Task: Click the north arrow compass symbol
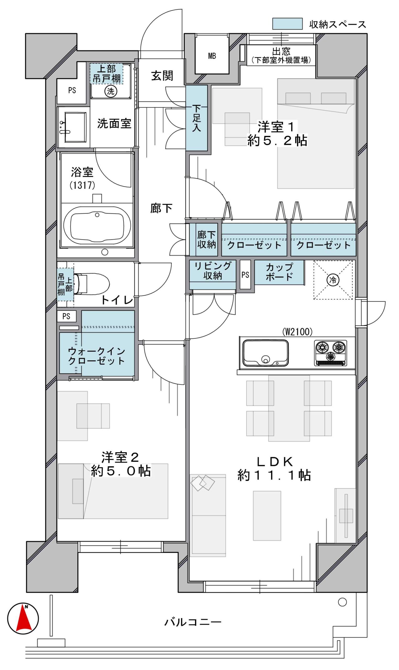click(x=23, y=618)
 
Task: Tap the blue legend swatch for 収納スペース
click(x=287, y=24)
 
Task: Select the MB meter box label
click(x=212, y=56)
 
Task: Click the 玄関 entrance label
click(x=162, y=76)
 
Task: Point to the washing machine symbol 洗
click(x=110, y=91)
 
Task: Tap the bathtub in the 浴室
click(x=97, y=224)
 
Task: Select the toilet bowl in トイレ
click(x=92, y=284)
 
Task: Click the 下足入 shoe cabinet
click(x=197, y=118)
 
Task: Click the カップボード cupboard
click(x=279, y=272)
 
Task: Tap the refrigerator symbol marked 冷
click(x=333, y=280)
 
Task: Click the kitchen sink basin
click(x=265, y=353)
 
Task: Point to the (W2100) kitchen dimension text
click(x=297, y=332)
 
